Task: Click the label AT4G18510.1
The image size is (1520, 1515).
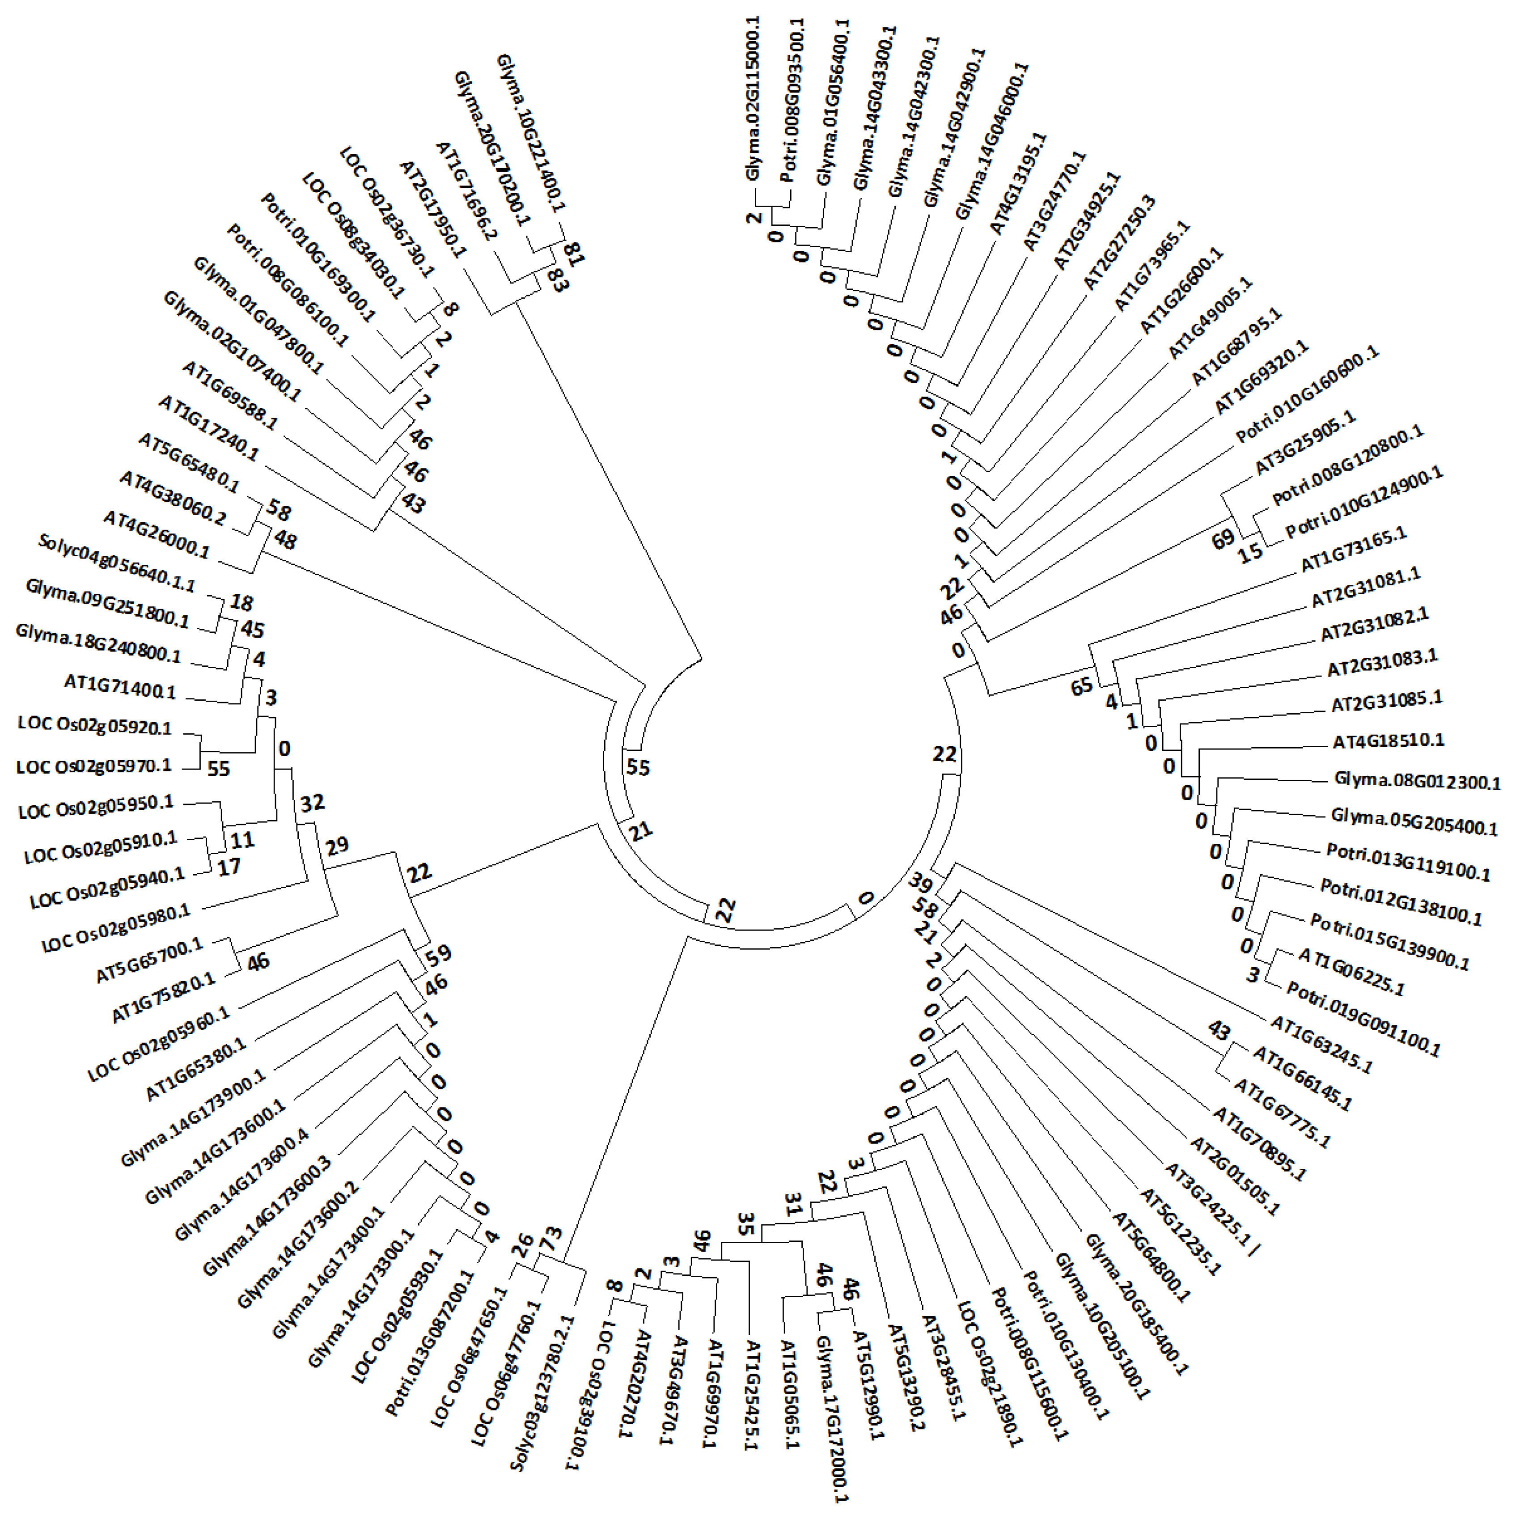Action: point(1389,741)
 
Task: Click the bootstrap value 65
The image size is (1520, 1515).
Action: point(1082,686)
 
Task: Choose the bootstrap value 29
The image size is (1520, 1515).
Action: point(337,846)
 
